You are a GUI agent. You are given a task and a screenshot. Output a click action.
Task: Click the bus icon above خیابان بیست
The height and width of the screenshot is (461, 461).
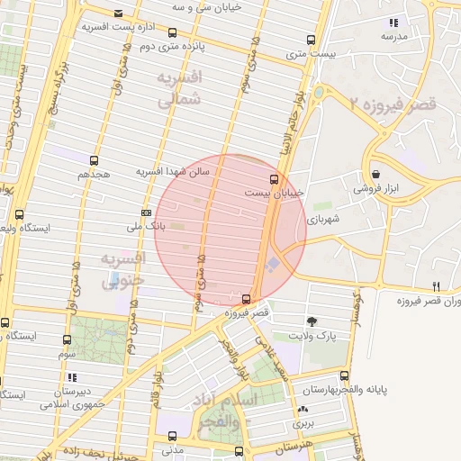[276, 179]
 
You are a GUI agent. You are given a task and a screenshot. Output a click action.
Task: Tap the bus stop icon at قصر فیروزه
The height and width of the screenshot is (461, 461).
[247, 299]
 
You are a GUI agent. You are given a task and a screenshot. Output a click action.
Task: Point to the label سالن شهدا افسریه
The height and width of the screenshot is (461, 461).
[172, 171]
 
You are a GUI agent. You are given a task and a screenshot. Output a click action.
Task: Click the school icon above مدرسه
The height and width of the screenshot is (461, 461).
[392, 23]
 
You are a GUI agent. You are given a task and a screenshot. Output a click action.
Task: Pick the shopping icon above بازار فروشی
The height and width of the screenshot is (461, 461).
[375, 175]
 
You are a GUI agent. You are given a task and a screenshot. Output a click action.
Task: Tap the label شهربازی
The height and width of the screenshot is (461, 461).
[322, 219]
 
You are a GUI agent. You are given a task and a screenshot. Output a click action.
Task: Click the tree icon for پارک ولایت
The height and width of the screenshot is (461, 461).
[312, 321]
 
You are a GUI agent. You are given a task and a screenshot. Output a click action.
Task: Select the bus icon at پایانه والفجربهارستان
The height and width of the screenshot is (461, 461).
[344, 375]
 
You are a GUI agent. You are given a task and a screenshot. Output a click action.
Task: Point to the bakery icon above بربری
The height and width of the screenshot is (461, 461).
[302, 410]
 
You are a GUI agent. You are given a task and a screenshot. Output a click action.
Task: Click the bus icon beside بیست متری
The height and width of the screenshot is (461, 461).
[311, 41]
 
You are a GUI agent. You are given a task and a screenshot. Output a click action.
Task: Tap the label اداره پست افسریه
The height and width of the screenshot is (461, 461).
[114, 27]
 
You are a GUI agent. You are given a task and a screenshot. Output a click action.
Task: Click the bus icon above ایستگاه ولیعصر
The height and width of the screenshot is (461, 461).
[20, 214]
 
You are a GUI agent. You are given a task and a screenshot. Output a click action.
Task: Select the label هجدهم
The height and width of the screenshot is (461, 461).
[95, 173]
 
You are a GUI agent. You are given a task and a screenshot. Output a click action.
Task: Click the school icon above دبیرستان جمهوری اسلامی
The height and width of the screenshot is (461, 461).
[72, 377]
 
